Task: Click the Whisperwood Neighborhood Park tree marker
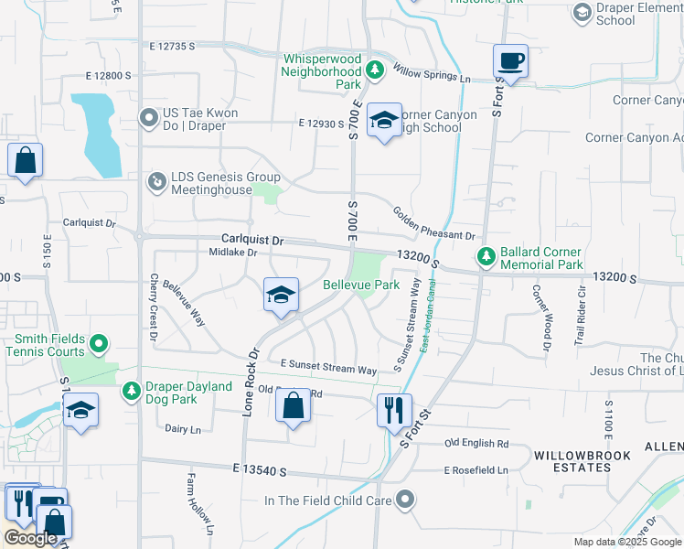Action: (x=374, y=70)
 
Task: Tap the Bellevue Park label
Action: (x=361, y=285)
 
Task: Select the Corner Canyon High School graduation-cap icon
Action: (x=385, y=120)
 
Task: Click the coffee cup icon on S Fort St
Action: (x=510, y=62)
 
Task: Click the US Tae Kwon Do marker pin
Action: (x=149, y=118)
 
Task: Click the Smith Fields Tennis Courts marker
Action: (x=99, y=344)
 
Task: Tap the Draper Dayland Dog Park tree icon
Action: (x=132, y=392)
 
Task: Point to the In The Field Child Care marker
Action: (x=405, y=500)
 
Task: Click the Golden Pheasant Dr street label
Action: (x=433, y=224)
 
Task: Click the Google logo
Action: (x=31, y=538)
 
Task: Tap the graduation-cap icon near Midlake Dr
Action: (x=281, y=295)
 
